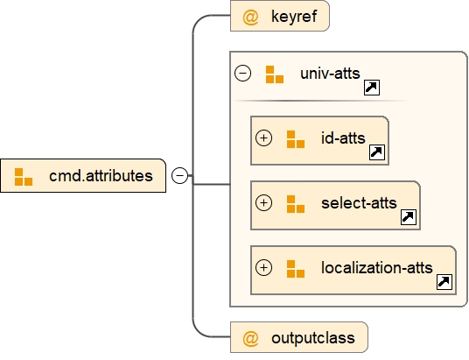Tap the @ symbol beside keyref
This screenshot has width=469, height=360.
[250, 17]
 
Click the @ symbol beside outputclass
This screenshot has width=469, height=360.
[250, 337]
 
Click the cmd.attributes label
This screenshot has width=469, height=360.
[101, 176]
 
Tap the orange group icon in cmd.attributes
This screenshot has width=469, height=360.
[24, 176]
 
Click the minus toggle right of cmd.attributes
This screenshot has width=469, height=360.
[179, 176]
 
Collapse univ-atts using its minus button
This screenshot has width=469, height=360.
[244, 74]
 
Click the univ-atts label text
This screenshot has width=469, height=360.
[329, 74]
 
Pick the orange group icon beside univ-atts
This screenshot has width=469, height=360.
[275, 74]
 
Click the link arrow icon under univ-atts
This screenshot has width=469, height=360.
[371, 88]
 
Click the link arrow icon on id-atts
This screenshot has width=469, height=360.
[377, 152]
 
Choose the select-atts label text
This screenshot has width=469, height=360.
[359, 203]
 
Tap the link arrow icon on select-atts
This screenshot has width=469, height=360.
[408, 217]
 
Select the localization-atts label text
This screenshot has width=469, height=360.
[376, 267]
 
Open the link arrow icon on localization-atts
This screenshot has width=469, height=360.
[444, 281]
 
